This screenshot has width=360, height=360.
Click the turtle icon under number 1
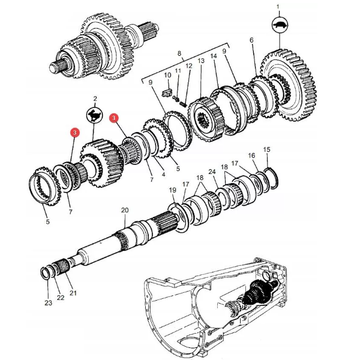click(280, 25)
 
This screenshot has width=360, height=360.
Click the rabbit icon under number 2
click(94, 115)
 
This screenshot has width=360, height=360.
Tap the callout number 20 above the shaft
click(125, 210)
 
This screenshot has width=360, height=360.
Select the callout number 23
click(48, 303)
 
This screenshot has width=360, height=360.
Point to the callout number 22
click(61, 298)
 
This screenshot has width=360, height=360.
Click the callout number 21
click(73, 293)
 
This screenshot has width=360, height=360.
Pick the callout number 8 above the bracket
click(179, 53)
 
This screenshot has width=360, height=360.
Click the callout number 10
click(167, 75)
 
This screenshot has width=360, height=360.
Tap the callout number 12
click(189, 66)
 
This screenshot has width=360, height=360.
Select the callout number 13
click(201, 61)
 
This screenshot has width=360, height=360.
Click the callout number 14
click(214, 56)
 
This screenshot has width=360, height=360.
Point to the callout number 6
click(251, 40)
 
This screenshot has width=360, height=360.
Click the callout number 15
click(266, 149)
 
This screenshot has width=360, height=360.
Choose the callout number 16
click(251, 155)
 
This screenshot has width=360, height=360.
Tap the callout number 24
click(212, 172)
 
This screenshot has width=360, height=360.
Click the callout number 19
click(172, 190)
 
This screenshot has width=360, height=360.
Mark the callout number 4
click(163, 174)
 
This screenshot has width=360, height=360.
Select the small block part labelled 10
click(167, 92)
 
